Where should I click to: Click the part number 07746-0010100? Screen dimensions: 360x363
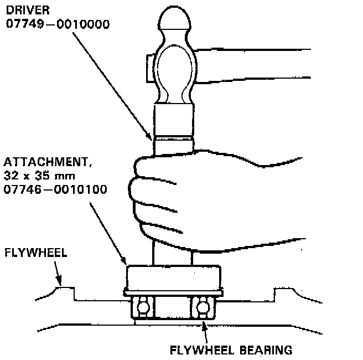[55, 189]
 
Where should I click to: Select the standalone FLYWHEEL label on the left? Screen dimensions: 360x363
[35, 253]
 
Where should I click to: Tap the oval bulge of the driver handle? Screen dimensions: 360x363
[174, 72]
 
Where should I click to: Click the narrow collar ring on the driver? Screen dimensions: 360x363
[174, 138]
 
